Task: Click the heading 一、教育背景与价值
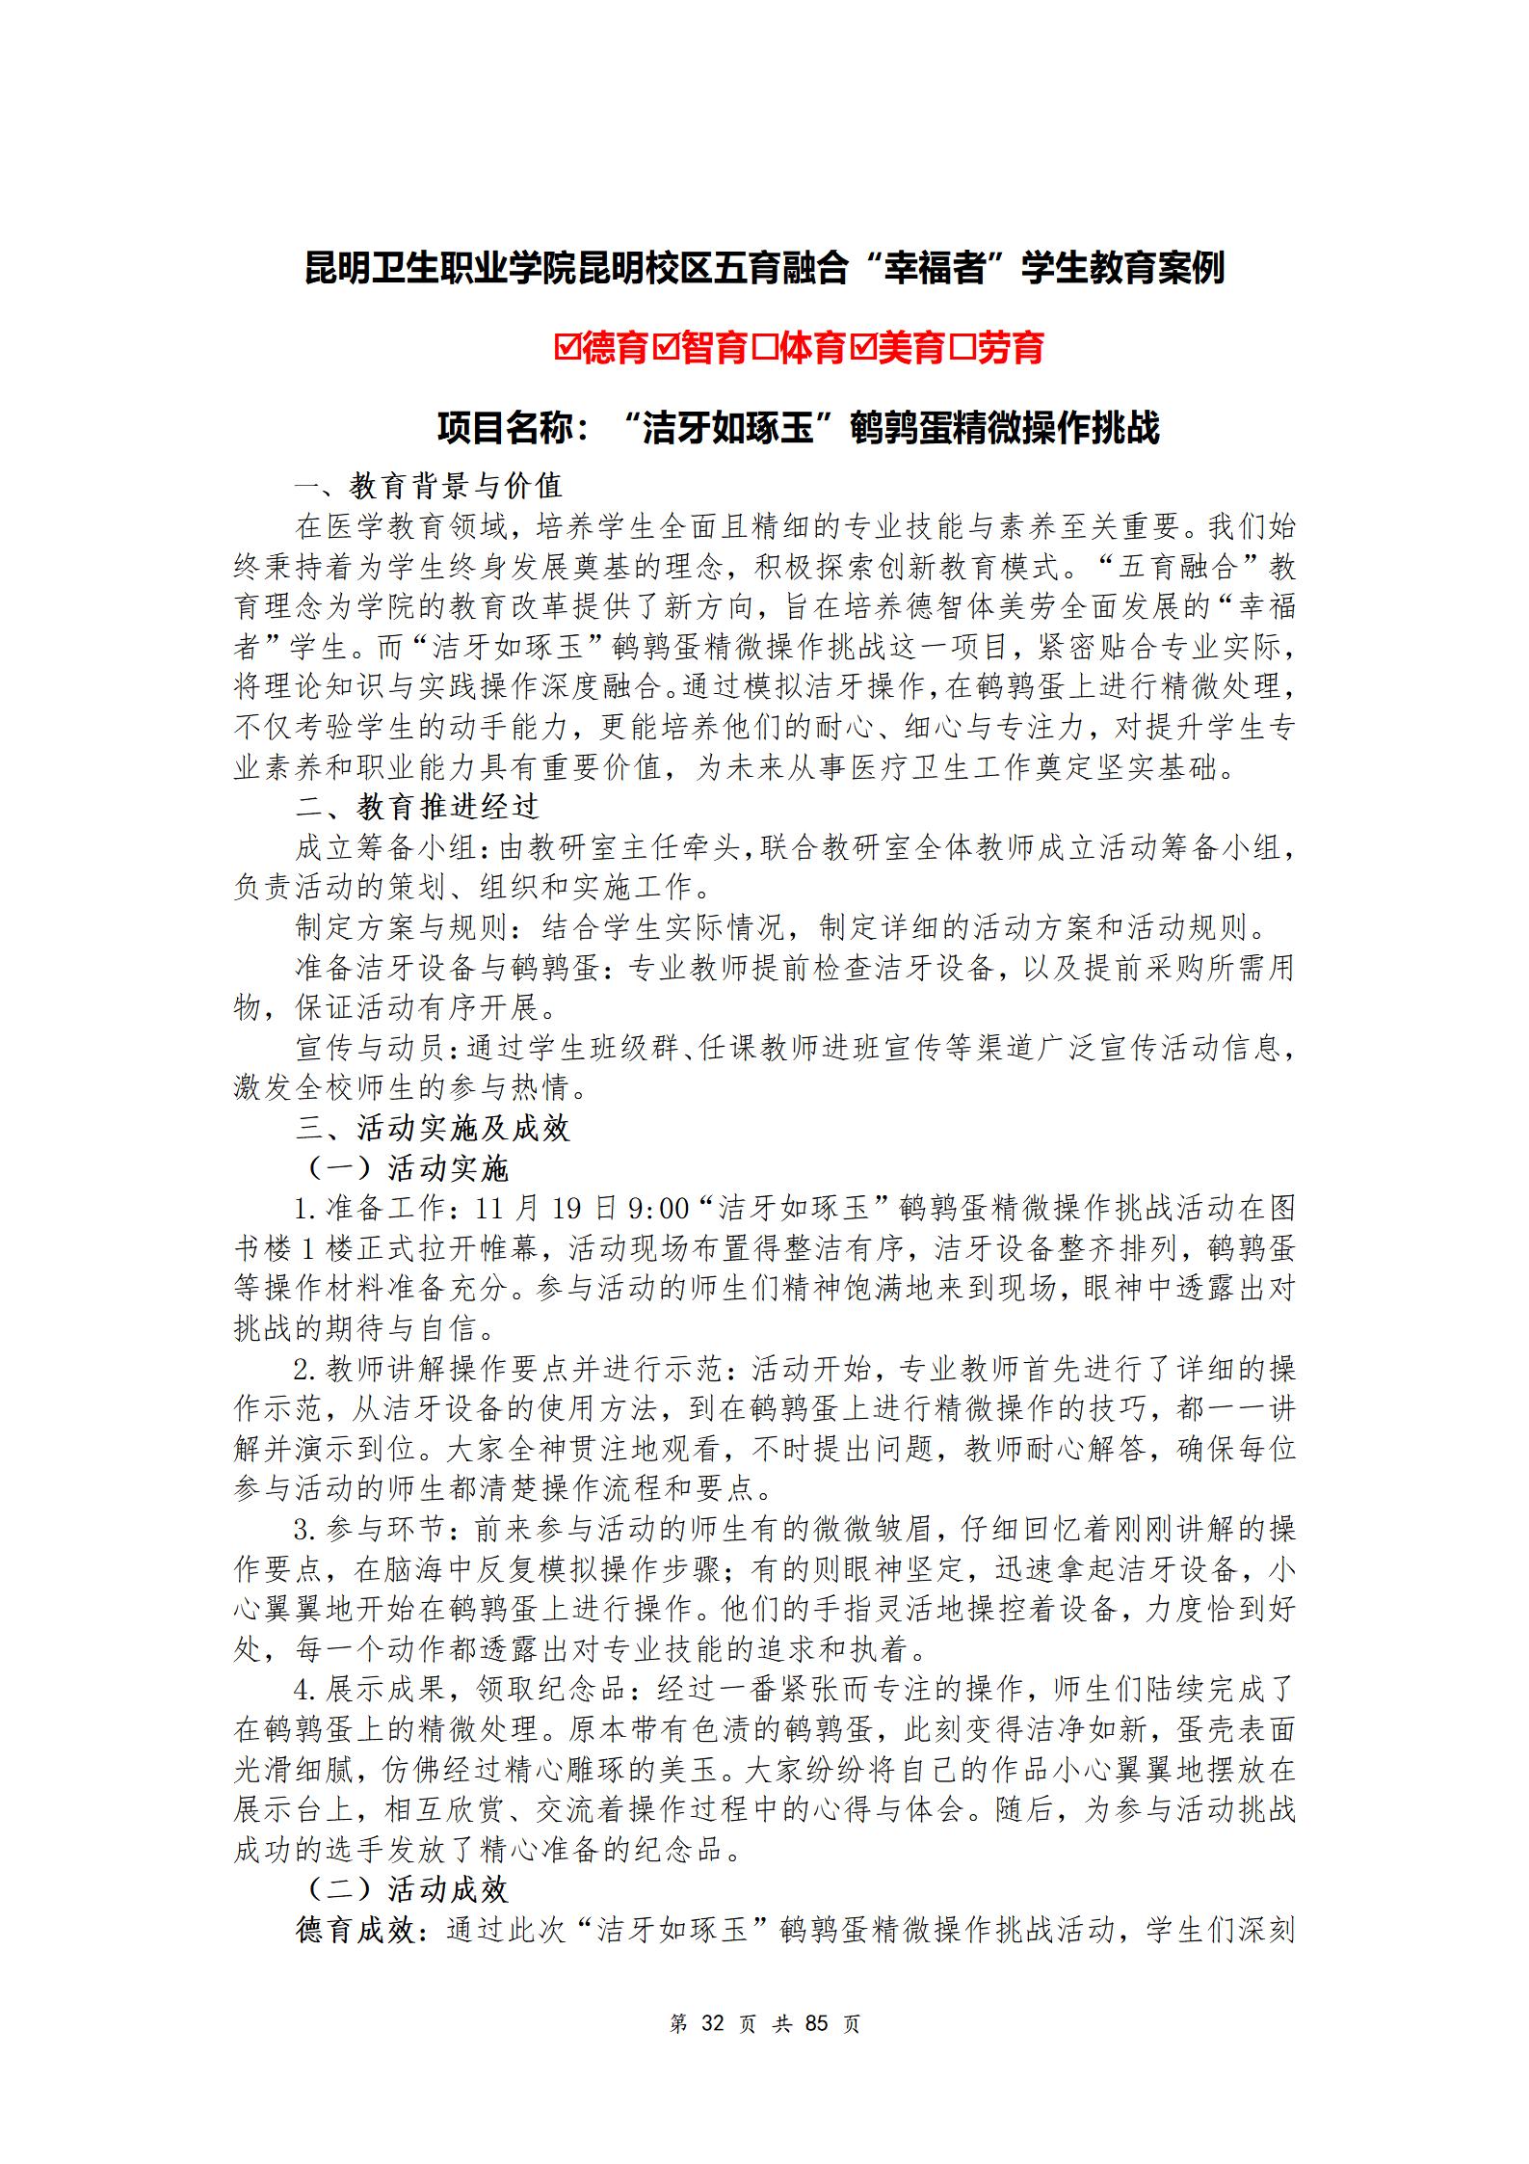click(429, 486)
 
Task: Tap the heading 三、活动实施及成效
click(433, 1128)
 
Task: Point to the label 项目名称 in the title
click(506, 428)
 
